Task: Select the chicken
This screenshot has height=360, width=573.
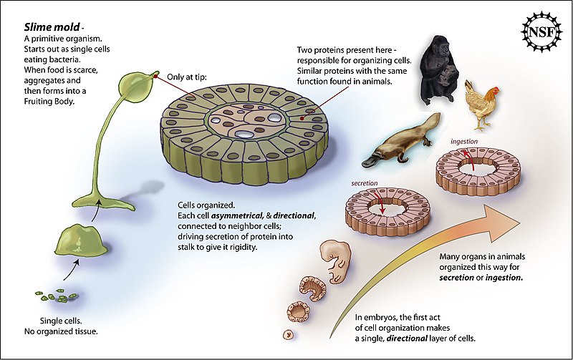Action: point(481,104)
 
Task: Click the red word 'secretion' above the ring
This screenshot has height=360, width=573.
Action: point(364,183)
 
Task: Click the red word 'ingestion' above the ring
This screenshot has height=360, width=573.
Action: point(463,142)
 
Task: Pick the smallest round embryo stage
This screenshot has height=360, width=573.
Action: point(289,334)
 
